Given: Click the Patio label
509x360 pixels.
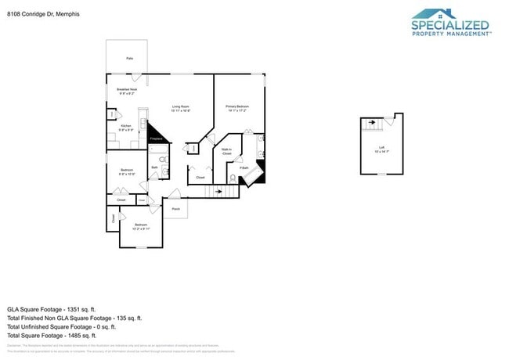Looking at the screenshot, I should pos(128,58).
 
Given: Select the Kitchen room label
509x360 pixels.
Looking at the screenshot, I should pos(125,127).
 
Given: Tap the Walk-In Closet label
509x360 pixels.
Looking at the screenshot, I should pos(226,152).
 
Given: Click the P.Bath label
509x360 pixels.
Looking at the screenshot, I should pos(244,167).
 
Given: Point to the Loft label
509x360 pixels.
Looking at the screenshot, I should pos(381,149).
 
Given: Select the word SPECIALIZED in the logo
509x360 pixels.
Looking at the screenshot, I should pos(450,25).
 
